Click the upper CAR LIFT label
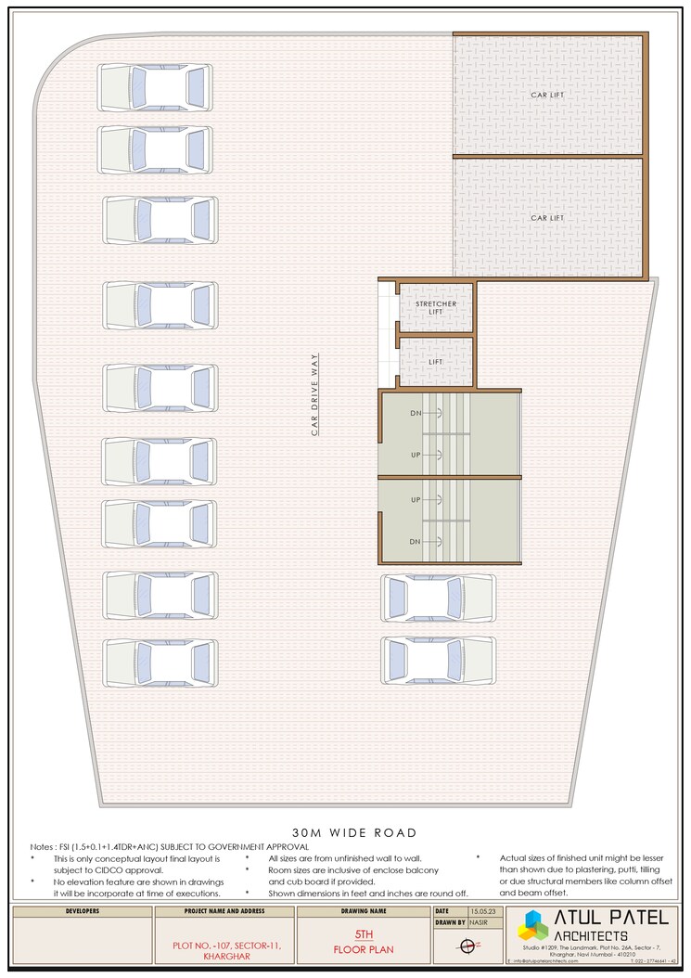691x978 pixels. coord(546,95)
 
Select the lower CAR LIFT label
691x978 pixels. coord(546,218)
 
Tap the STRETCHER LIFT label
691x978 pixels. coord(436,308)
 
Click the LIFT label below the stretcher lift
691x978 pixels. coord(436,362)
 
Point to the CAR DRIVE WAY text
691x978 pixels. coord(314,394)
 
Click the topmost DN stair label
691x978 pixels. coord(416,412)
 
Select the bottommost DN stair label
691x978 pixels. coord(416,541)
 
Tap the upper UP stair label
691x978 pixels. coord(416,455)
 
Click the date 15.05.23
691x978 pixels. coord(482,912)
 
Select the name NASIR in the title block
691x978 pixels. coord(479,924)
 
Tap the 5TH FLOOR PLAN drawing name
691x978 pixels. coord(364,943)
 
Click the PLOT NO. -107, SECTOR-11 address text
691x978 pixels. coord(225,945)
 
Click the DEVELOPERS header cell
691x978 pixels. coord(83,911)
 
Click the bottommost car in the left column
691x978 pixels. coord(160,663)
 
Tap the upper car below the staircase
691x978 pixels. coord(438,597)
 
